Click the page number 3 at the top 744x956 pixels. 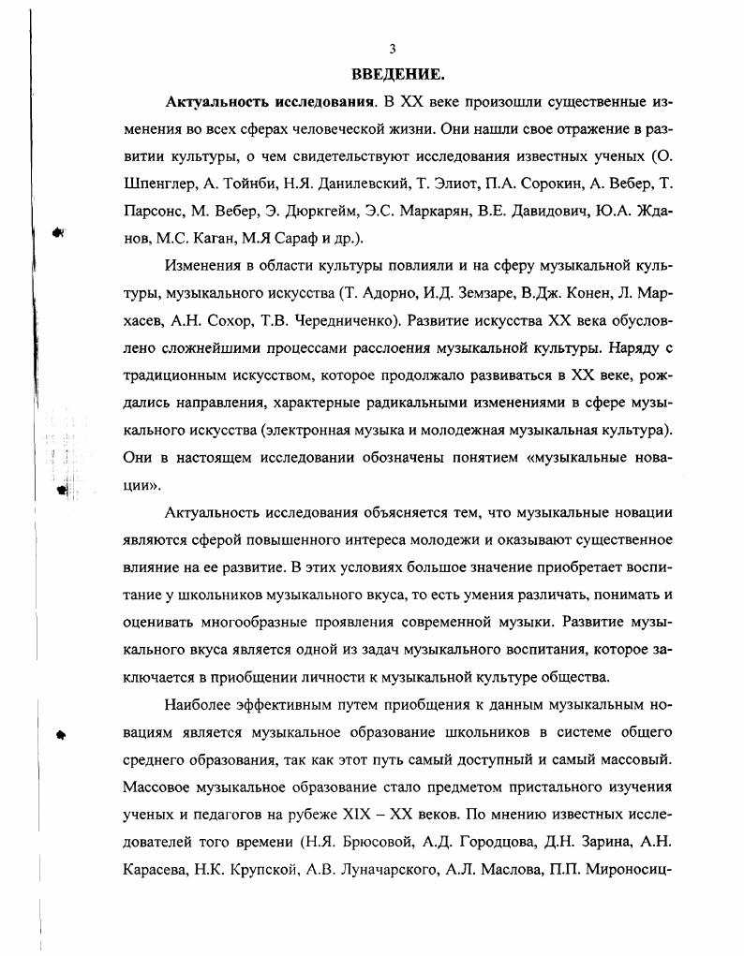tap(393, 50)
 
